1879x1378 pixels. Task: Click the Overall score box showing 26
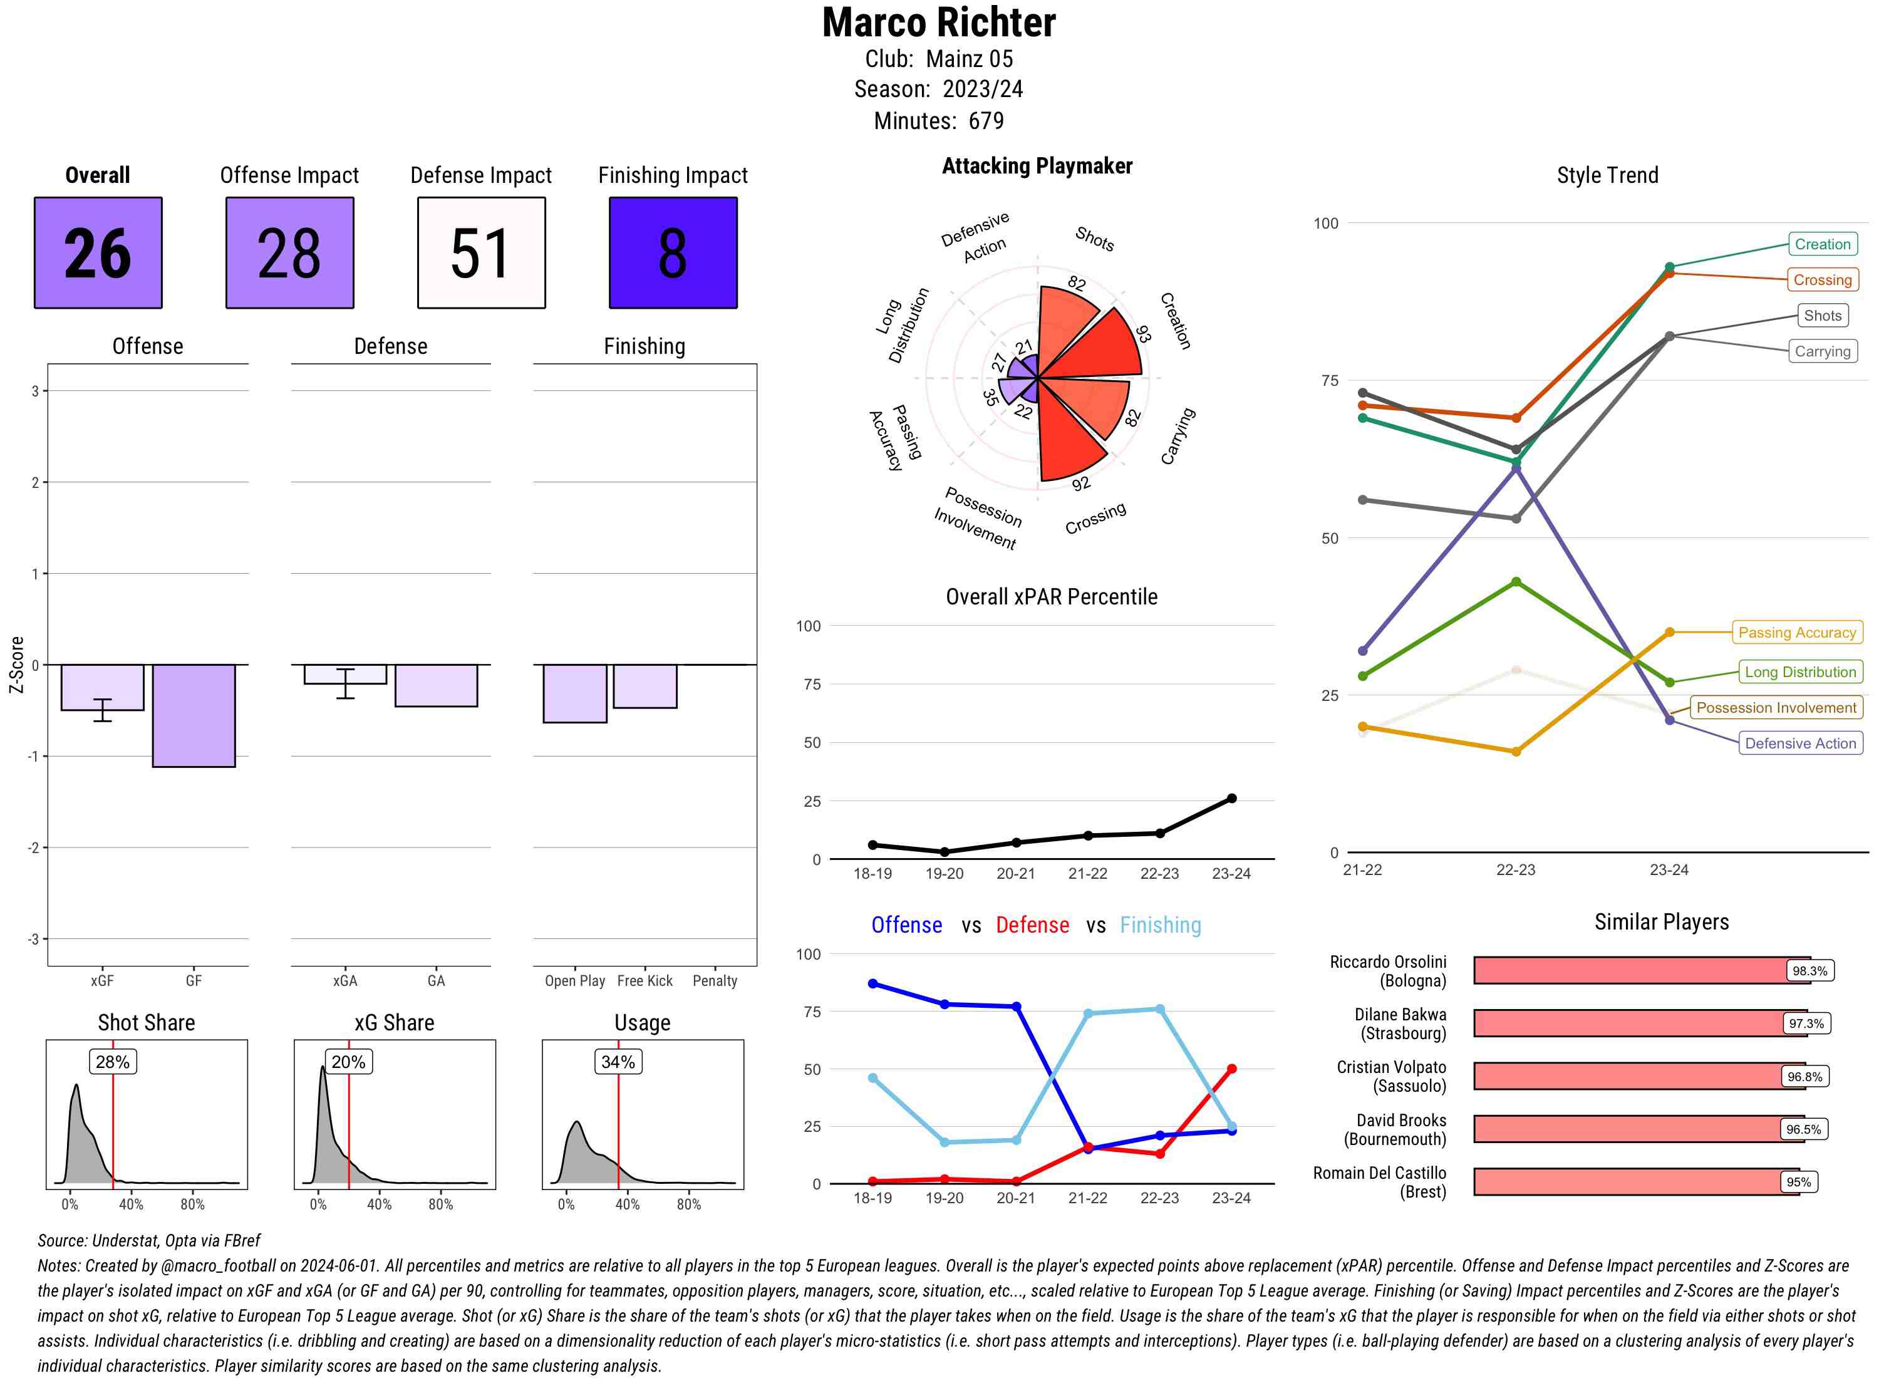[98, 253]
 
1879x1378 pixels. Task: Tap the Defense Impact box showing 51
[481, 253]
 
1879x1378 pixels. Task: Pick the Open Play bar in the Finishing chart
[574, 693]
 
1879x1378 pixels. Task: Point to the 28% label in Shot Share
[113, 1062]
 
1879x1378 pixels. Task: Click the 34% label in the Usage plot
[618, 1062]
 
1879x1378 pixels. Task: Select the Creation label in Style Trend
[1821, 244]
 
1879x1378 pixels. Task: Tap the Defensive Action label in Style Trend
[1800, 743]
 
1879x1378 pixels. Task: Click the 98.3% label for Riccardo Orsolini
[1809, 971]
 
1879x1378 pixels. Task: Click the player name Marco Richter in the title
[939, 23]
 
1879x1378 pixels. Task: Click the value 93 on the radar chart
[1144, 334]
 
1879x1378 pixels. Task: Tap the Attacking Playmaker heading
[1037, 166]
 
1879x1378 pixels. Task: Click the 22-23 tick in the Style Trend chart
[1514, 869]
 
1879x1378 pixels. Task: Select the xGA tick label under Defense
[344, 981]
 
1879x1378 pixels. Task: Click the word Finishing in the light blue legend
[1160, 925]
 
